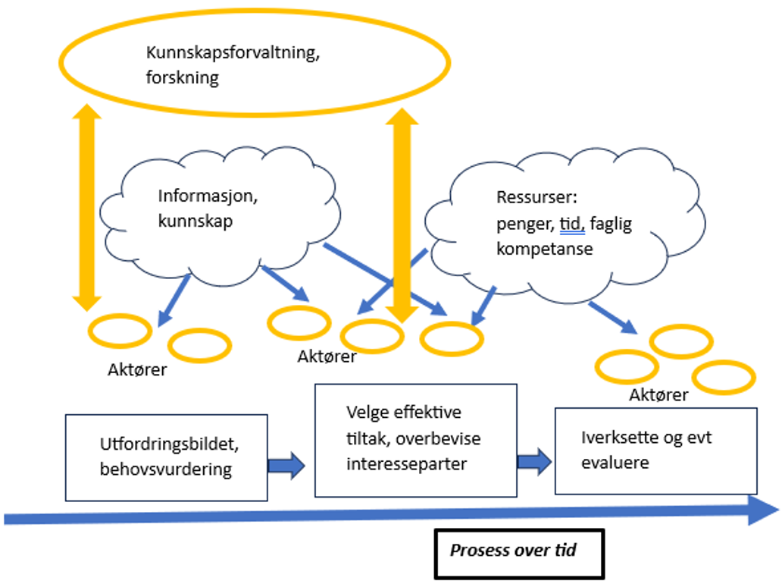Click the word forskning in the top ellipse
coord(183,78)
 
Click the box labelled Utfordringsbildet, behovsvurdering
coord(166,457)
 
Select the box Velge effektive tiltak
coord(415,440)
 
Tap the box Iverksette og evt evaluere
coord(655,450)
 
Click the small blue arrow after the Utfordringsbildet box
coord(286,465)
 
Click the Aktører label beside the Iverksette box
coord(658,395)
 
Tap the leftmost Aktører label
coord(136,371)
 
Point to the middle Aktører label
coord(327,356)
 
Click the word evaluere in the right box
coord(615,462)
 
